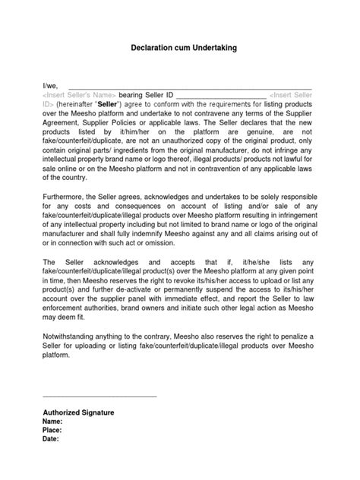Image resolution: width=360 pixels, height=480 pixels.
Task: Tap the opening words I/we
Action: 50,86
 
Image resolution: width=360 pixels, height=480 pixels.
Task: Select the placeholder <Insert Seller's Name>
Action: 79,96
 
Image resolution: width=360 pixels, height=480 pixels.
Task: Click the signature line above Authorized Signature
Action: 99,396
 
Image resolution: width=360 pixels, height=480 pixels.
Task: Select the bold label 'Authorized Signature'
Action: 78,412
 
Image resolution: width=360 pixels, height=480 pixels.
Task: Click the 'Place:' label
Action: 53,430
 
